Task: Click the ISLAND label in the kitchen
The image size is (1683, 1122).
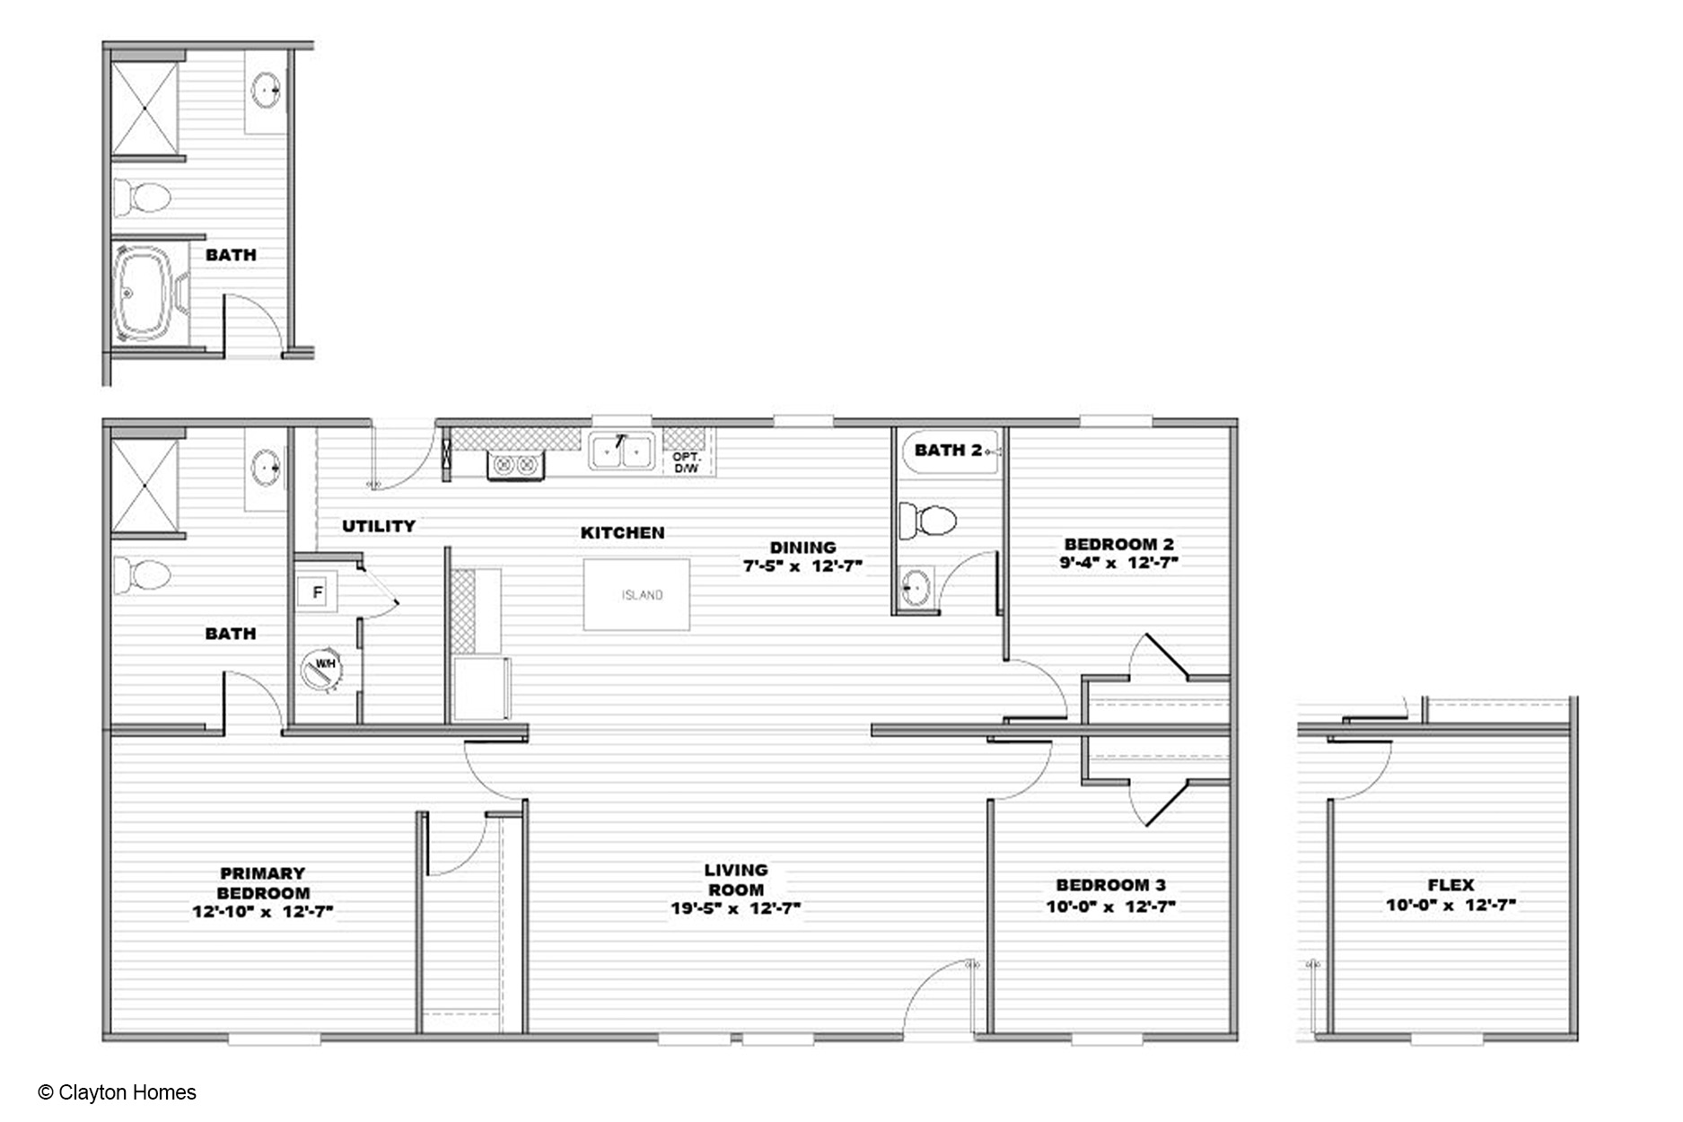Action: click(x=642, y=595)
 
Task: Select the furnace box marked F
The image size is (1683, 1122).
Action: click(x=317, y=592)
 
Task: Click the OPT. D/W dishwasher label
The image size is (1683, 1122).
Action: click(x=686, y=462)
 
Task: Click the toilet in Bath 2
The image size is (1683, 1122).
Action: click(x=928, y=521)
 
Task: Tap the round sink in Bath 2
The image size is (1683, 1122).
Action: click(x=916, y=587)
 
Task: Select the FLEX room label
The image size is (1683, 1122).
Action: click(x=1451, y=885)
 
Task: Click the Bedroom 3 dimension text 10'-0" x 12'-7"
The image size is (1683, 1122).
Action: click(x=1110, y=907)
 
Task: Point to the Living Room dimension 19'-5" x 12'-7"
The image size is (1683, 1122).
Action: click(x=735, y=908)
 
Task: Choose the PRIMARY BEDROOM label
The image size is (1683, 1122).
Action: click(x=263, y=883)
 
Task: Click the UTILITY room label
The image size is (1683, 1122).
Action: click(x=379, y=526)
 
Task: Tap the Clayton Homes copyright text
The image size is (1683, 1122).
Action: click(x=118, y=1092)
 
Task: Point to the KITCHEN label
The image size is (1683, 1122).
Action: click(x=623, y=532)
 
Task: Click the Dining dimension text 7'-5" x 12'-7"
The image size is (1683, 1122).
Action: click(x=802, y=566)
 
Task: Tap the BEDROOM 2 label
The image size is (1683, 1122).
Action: click(x=1118, y=544)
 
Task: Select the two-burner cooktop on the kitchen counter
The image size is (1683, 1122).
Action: click(x=515, y=465)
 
